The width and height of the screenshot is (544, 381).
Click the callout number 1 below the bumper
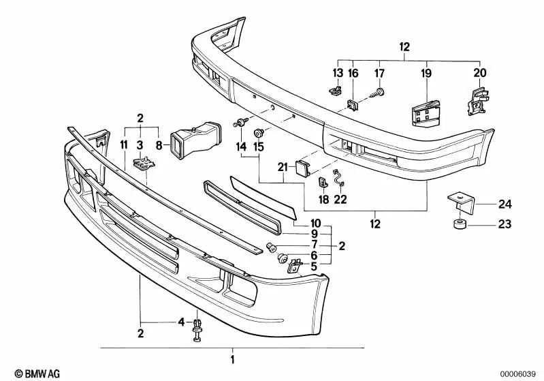231,359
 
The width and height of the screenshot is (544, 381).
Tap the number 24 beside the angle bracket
504,202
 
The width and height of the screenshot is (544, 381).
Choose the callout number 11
123,144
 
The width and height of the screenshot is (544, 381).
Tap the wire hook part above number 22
338,179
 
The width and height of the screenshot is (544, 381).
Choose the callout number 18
323,200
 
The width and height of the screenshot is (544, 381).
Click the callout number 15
258,147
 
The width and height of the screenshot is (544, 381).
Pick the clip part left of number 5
295,263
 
